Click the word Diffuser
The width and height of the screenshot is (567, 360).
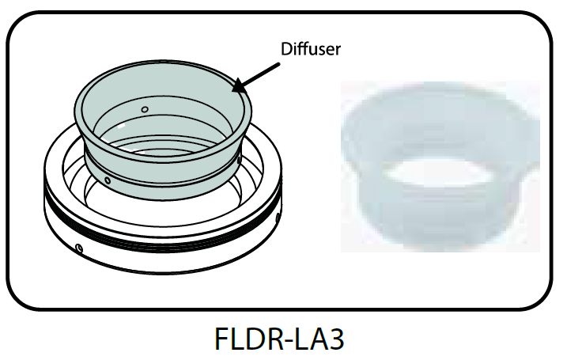click(x=311, y=49)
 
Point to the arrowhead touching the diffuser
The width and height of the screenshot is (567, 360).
click(x=237, y=88)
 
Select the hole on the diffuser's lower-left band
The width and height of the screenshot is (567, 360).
click(x=108, y=180)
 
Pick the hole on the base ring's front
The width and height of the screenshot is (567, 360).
click(x=80, y=248)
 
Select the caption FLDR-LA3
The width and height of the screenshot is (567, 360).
click(x=280, y=338)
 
